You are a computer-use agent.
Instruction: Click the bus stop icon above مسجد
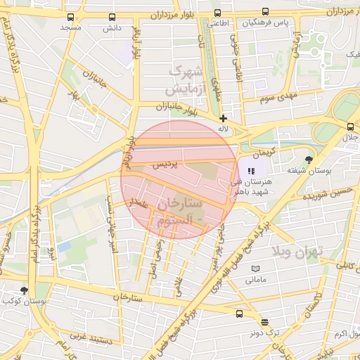click(x=70, y=17)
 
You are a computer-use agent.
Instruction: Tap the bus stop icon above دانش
click(x=112, y=17)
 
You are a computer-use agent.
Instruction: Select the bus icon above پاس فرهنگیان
click(x=265, y=11)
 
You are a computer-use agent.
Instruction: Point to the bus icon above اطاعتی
click(x=217, y=13)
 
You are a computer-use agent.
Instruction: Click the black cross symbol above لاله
click(x=224, y=118)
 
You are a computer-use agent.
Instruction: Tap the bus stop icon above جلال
click(x=350, y=127)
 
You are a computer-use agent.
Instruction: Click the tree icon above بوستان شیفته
click(x=309, y=160)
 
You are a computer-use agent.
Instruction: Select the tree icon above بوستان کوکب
click(x=24, y=290)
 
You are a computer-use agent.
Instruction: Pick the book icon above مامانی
click(x=255, y=269)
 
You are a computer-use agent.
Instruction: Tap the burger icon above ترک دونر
click(x=264, y=323)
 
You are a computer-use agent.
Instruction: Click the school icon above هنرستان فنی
click(x=252, y=169)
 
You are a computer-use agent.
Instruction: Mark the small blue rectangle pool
click(x=65, y=247)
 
